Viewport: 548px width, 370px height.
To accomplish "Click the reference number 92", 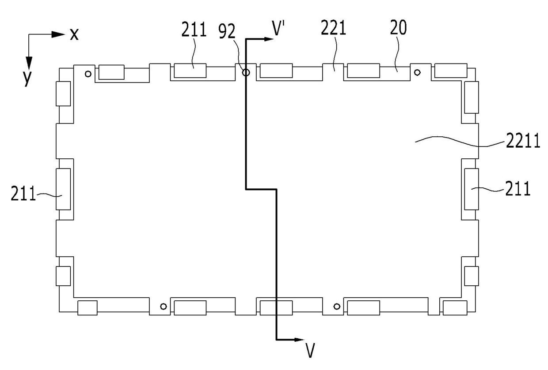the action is click(x=227, y=31).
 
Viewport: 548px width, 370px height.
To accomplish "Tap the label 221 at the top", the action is click(x=334, y=28).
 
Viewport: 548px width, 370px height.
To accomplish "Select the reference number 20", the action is click(x=398, y=27).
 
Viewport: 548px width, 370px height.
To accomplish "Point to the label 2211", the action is click(x=523, y=141).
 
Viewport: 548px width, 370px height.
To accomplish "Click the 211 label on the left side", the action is click(x=23, y=193).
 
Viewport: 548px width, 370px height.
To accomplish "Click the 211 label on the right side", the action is click(x=518, y=188).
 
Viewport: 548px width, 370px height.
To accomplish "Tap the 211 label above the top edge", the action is click(x=194, y=29).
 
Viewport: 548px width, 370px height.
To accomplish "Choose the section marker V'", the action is click(x=278, y=28).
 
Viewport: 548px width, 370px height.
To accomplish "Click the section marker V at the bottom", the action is click(x=310, y=351).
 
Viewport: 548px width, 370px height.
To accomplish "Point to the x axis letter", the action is click(x=74, y=34).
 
